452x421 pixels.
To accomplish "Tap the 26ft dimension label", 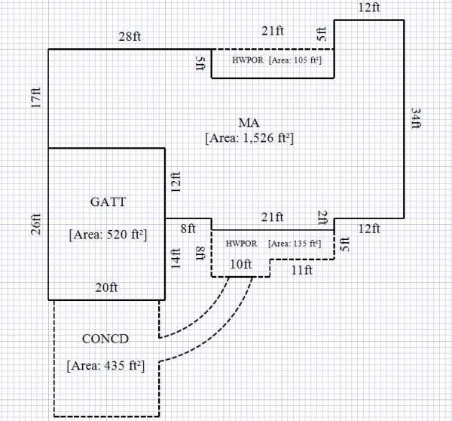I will pyautogui.click(x=36, y=225).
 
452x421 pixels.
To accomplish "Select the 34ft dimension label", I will pyautogui.click(x=415, y=118).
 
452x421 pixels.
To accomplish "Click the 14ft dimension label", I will pyautogui.click(x=176, y=258).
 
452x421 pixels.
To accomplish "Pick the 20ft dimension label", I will pyautogui.click(x=105, y=287).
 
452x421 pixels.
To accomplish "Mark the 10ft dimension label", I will pyautogui.click(x=240, y=266).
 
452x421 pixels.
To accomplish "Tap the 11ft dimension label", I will pyautogui.click(x=302, y=267).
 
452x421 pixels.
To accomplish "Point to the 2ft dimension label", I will pyautogui.click(x=322, y=218).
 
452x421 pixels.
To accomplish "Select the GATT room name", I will pyautogui.click(x=108, y=201).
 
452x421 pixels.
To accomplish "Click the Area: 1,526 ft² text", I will pyautogui.click(x=249, y=138).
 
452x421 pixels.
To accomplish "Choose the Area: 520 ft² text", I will pyautogui.click(x=108, y=235).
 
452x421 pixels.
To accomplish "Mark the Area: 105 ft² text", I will pyautogui.click(x=293, y=60).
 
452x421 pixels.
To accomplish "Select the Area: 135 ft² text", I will pyautogui.click(x=294, y=243).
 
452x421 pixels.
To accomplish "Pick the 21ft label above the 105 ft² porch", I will pyautogui.click(x=272, y=31).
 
